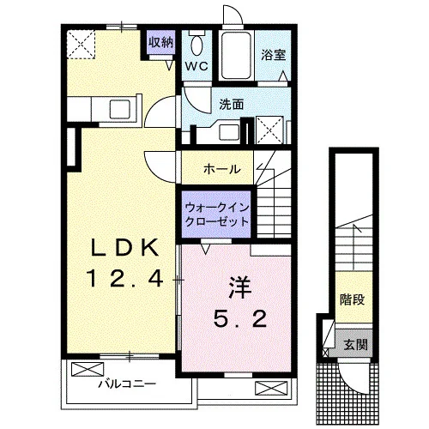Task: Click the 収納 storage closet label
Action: pos(161,43)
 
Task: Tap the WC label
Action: pos(196,66)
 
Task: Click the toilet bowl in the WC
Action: pos(196,44)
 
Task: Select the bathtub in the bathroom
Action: pos(237,56)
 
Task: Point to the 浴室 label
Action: pos(274,55)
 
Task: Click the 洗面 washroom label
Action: pos(232,105)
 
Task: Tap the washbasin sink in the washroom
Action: pos(228,133)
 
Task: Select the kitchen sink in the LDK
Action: pos(120,109)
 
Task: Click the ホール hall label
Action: pos(222,169)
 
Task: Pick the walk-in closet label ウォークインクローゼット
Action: pos(217,214)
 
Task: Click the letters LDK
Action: pos(124,248)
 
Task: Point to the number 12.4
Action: pos(125,279)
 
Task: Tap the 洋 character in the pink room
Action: pos(239,288)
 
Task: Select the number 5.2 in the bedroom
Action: pos(240,318)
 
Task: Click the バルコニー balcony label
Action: pos(127,384)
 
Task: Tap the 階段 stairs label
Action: pos(352,299)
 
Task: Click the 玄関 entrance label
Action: pos(355,344)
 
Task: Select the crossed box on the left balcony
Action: pos(88,369)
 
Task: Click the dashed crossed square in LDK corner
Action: pos(81,45)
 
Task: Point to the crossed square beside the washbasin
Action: pos(269,130)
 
